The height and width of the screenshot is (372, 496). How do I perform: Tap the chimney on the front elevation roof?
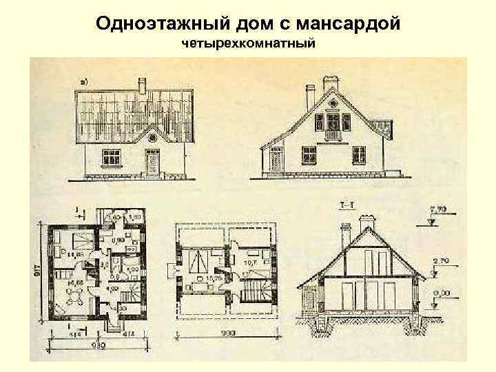[x=142, y=85]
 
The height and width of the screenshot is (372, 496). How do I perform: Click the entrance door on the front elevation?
[x=151, y=163]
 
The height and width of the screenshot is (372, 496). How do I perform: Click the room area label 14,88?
[x=76, y=255]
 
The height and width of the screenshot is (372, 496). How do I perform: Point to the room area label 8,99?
[x=118, y=240]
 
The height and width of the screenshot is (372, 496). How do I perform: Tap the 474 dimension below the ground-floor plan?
[x=129, y=334]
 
